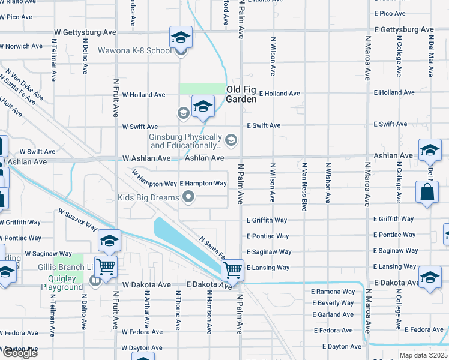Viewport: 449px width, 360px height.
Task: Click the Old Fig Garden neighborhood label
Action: [x=241, y=94]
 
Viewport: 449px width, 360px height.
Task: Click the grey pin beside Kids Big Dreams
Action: [x=189, y=197]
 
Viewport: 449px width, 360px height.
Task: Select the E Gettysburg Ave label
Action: [x=403, y=29]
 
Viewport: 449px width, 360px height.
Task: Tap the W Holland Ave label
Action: [x=143, y=95]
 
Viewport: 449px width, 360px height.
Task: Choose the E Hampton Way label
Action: [x=203, y=183]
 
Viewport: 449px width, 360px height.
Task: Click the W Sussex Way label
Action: [x=77, y=219]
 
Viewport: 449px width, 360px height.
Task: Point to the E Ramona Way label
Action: [x=333, y=292]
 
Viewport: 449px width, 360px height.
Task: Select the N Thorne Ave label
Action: [x=178, y=310]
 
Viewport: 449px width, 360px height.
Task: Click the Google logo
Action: [x=19, y=353]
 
